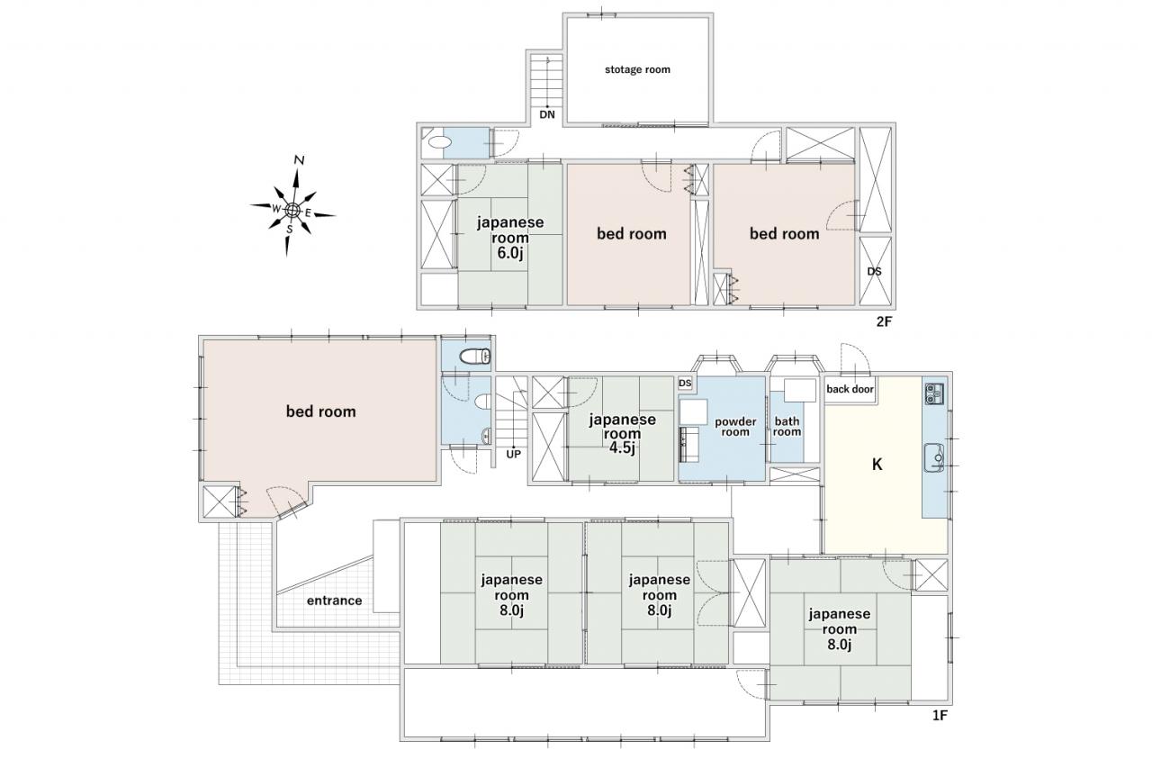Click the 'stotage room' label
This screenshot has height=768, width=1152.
tap(637, 69)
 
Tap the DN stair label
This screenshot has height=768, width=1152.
tap(547, 114)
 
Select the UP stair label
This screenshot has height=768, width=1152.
tap(513, 454)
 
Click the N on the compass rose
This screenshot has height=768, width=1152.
tap(299, 160)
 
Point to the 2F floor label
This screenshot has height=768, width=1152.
tap(884, 322)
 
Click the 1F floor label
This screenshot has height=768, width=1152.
tap(940, 716)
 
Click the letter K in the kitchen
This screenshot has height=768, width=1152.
tap(877, 465)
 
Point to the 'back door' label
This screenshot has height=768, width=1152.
tap(850, 389)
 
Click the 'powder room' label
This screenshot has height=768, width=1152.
tap(735, 427)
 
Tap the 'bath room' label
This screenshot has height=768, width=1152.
tap(787, 427)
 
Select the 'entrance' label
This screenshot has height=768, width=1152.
tap(334, 601)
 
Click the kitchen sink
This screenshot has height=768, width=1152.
tap(934, 457)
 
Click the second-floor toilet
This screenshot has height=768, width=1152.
tap(436, 142)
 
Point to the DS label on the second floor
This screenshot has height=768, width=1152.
tap(874, 272)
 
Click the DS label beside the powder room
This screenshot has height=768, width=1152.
tap(685, 384)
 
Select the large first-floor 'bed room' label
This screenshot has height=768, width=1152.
tap(321, 411)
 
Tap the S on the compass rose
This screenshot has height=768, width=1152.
tap(290, 230)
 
